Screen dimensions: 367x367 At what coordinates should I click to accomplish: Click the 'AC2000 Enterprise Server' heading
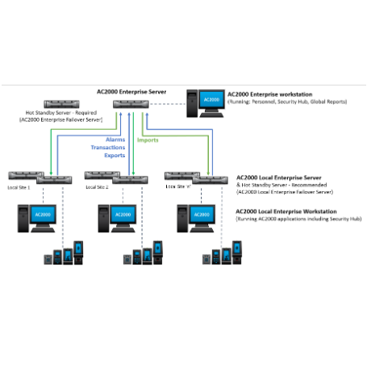point(131,93)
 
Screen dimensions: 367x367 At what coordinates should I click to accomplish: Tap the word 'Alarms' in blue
point(103,140)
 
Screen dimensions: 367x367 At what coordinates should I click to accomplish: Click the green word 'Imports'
point(148,140)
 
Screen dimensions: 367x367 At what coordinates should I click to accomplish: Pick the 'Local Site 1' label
point(19,186)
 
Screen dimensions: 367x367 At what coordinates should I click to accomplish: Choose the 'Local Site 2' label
point(98,186)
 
